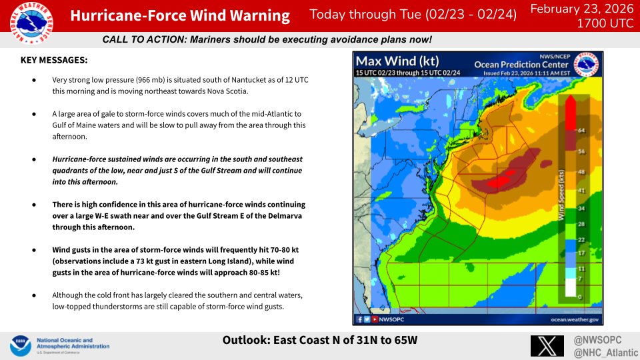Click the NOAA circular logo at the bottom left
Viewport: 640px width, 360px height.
coord(20,346)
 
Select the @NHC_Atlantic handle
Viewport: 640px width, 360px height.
coord(603,351)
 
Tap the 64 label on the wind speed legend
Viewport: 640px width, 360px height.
coord(582,130)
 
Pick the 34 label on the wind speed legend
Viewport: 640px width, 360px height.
coord(582,209)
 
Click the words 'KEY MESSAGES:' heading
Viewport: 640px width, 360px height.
coord(55,60)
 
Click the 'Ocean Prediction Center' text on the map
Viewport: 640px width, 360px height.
coord(511,65)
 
